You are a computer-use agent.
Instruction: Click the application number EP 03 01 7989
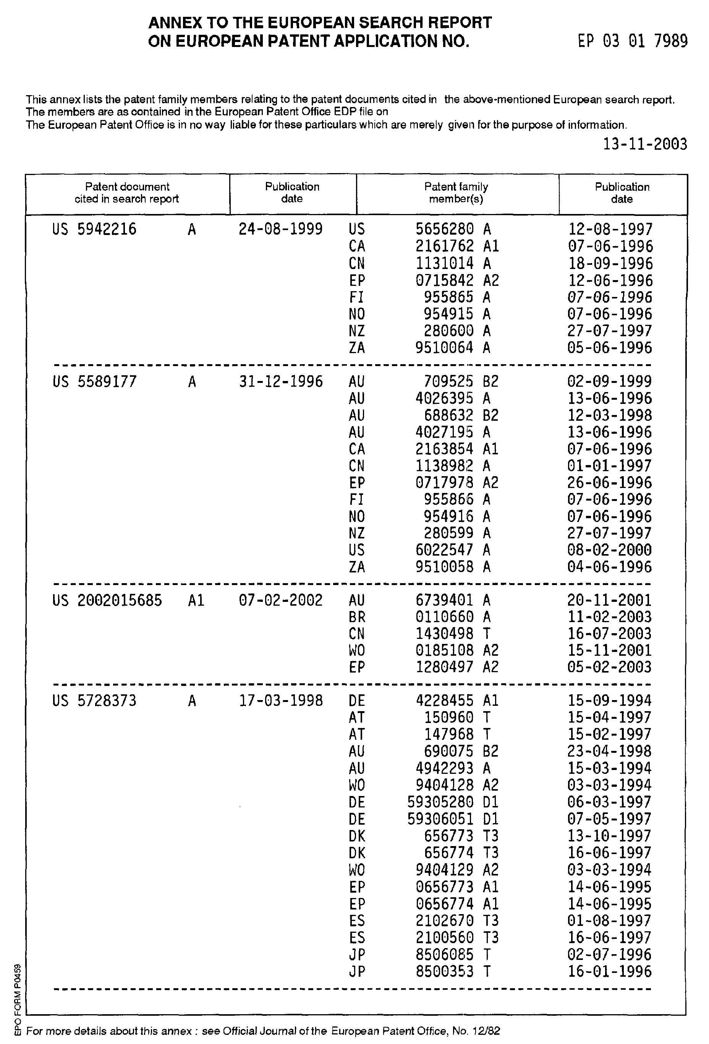click(x=632, y=41)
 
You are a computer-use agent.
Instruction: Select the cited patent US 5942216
click(x=94, y=230)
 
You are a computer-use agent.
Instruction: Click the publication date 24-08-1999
click(x=281, y=230)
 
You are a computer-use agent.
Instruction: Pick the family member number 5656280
click(x=445, y=230)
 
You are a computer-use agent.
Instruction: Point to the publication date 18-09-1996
click(x=610, y=263)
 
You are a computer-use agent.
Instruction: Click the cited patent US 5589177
click(x=94, y=382)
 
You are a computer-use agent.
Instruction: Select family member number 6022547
click(x=445, y=550)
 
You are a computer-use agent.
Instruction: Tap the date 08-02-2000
click(x=610, y=550)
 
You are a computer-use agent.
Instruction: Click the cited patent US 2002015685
click(x=107, y=601)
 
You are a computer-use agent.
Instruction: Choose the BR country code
click(x=356, y=617)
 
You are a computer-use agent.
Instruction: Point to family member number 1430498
click(x=445, y=634)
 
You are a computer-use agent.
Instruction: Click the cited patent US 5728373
click(x=94, y=701)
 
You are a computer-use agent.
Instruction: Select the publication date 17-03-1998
click(x=281, y=701)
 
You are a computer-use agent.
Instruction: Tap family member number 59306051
click(x=440, y=819)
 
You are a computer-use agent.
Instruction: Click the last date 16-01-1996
click(x=610, y=972)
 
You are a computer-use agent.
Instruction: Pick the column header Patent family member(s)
click(x=456, y=193)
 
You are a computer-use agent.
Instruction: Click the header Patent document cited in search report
click(x=127, y=193)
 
